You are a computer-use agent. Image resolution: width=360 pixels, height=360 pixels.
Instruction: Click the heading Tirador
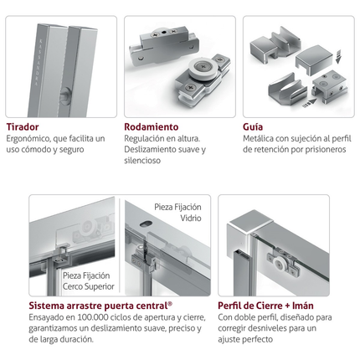click(x=23, y=127)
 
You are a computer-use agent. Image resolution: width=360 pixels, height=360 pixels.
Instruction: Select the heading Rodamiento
click(x=152, y=127)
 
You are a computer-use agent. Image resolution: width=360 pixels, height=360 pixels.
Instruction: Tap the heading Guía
click(x=253, y=127)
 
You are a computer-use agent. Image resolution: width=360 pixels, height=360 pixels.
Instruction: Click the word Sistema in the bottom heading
click(x=46, y=306)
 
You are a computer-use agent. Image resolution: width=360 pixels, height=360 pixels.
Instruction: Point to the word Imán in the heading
click(x=303, y=306)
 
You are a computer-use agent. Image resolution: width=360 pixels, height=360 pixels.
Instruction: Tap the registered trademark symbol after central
click(x=170, y=303)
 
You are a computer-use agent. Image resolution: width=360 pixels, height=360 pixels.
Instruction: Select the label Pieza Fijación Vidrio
click(x=178, y=213)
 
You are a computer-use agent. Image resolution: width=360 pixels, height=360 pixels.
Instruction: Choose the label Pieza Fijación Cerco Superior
click(x=89, y=281)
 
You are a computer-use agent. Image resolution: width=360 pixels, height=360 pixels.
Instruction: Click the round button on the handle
click(x=66, y=95)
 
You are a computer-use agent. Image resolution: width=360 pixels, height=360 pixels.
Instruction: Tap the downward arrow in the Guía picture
click(x=338, y=56)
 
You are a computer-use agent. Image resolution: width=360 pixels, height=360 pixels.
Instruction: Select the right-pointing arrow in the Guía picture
click(x=310, y=103)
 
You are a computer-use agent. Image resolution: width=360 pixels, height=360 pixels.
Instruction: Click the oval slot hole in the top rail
click(x=146, y=224)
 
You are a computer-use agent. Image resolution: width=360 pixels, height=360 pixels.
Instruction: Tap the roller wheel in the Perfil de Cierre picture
click(x=279, y=264)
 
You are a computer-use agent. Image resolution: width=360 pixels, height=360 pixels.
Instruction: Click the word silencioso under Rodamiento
click(x=142, y=161)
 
